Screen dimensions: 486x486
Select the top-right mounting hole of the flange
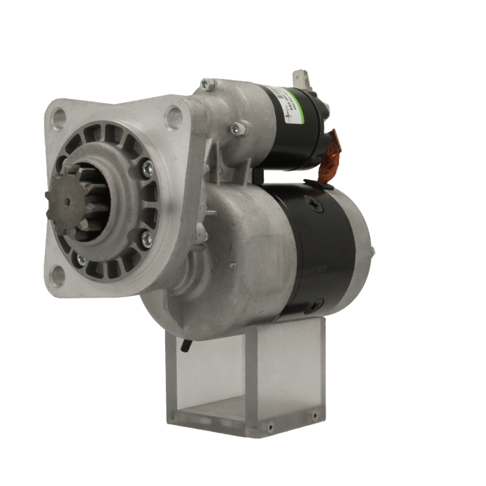tap(174, 117)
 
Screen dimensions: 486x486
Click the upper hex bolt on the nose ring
tap(147, 168)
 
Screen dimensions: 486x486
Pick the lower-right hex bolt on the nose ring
tap(146, 239)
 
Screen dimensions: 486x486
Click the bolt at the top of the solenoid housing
tap(207, 85)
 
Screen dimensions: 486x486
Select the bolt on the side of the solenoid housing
tap(237, 128)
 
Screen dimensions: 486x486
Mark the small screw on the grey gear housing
tap(233, 265)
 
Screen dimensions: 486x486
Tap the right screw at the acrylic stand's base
tap(314, 416)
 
